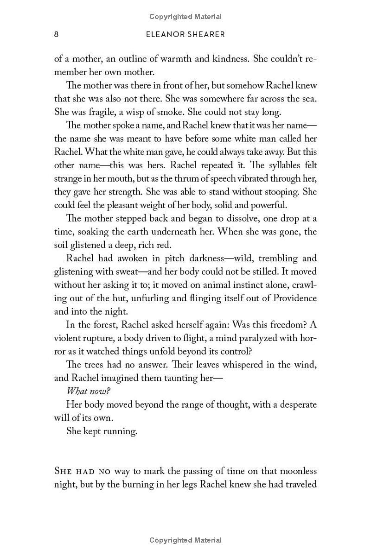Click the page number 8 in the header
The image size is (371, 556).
coord(56,35)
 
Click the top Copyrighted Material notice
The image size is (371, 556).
coord(185,17)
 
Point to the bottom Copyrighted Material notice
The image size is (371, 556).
coord(185,540)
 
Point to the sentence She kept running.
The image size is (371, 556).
coord(102,431)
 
